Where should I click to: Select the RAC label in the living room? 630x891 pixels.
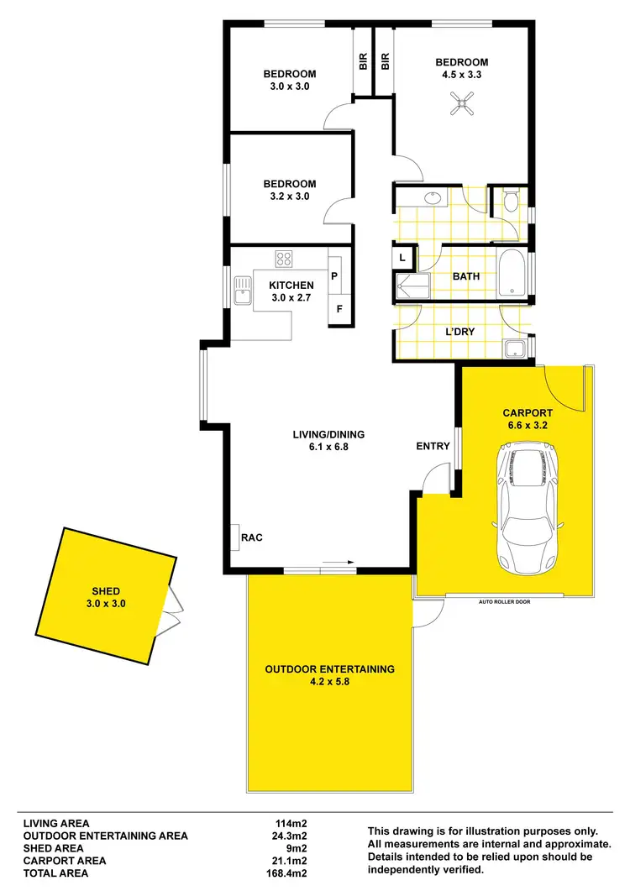click(x=253, y=537)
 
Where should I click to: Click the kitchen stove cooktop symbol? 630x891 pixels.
click(x=284, y=259)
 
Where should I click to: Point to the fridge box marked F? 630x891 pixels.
click(x=339, y=308)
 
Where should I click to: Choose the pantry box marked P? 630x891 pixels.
click(x=334, y=275)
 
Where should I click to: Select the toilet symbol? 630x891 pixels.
click(x=511, y=201)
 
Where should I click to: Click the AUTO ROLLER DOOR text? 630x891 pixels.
click(x=504, y=602)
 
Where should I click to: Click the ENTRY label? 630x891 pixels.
click(x=433, y=446)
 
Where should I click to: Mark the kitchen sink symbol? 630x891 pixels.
click(x=244, y=291)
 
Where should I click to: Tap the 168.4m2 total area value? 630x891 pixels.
click(x=286, y=873)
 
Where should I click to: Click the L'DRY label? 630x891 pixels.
click(x=459, y=332)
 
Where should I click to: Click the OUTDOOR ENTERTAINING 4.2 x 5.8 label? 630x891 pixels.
click(x=329, y=675)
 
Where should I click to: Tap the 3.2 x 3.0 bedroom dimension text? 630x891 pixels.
click(x=289, y=197)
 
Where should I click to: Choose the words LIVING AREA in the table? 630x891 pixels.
click(x=55, y=823)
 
